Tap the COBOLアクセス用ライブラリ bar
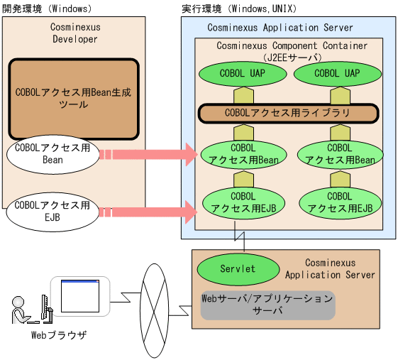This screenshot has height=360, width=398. [287, 113]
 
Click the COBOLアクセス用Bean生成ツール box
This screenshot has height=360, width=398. [73, 99]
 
